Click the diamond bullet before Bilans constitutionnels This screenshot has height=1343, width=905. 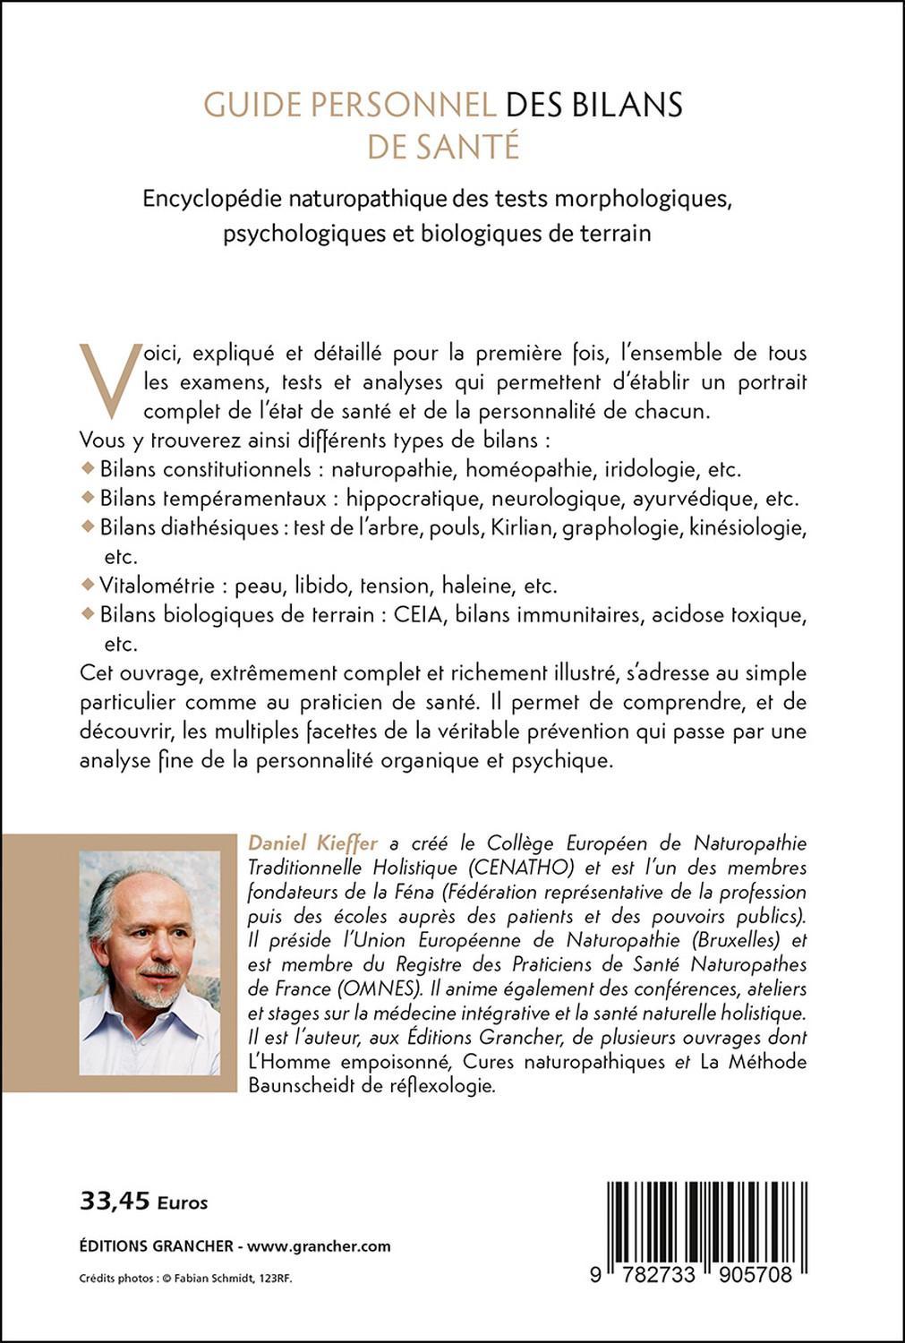(87, 467)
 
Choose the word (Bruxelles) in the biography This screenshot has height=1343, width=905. (719, 940)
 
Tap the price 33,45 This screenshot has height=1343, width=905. (115, 1202)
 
